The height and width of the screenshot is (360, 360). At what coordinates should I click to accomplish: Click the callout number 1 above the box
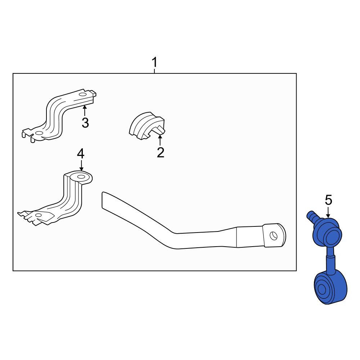tap(154, 62)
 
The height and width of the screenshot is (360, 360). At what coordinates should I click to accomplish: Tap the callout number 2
tap(161, 152)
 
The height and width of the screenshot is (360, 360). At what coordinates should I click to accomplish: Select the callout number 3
tap(85, 123)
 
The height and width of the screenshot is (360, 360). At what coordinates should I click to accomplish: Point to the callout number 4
tap(81, 154)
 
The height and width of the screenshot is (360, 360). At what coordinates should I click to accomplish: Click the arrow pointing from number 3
tap(85, 111)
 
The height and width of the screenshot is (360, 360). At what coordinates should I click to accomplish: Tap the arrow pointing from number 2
tap(160, 140)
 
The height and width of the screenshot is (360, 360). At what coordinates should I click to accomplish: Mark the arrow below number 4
tap(81, 165)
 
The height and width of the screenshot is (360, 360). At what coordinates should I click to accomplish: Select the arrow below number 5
tap(328, 212)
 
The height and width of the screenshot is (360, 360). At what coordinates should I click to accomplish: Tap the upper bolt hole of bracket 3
tap(82, 95)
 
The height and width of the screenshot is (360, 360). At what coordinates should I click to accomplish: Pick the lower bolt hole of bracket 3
tap(39, 133)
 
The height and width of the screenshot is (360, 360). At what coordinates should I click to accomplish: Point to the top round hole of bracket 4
tap(81, 176)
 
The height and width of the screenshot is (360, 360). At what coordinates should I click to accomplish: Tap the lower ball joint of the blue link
tap(330, 288)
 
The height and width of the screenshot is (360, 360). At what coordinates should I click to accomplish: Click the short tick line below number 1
tap(154, 71)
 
